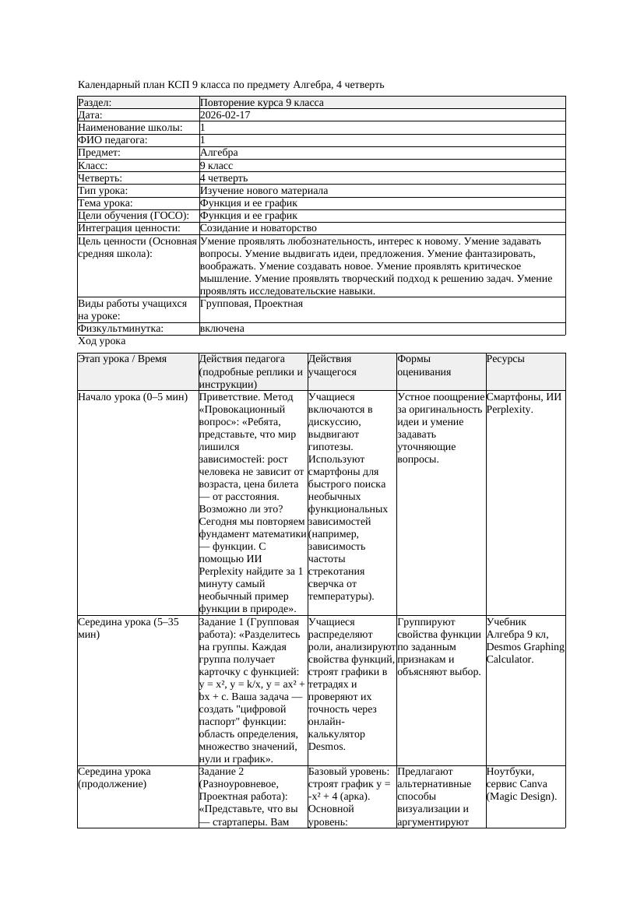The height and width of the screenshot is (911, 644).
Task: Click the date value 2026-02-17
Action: pos(225,115)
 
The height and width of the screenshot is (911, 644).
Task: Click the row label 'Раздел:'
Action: pos(95,103)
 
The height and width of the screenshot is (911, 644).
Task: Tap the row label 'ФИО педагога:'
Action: pos(113,140)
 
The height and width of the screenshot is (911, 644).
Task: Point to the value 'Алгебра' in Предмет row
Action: pos(219,153)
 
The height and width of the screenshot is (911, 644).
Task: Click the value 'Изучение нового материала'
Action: pos(264,191)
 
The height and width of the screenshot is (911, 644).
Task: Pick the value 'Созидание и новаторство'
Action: pos(258,228)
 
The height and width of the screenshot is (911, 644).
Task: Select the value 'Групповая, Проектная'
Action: pos(252,304)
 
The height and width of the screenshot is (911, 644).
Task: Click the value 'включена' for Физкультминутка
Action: pos(222,329)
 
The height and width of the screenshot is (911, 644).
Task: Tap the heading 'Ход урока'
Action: pos(102,341)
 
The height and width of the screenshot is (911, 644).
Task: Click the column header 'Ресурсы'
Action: pos(505,359)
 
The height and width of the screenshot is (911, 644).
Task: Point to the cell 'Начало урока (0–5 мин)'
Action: pos(132,397)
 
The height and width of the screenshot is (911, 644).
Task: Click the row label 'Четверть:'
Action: pos(100,178)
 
